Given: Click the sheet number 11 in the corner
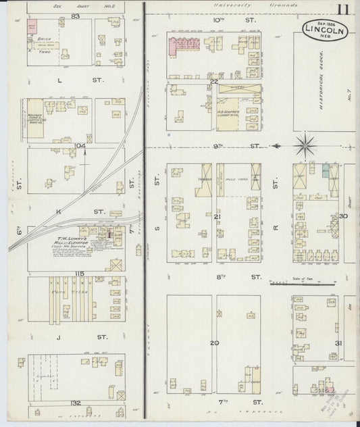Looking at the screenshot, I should (344, 9).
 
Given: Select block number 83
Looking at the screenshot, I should (75, 15).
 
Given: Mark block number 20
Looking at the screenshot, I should (214, 343).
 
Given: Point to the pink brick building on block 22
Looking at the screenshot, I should (181, 47).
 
